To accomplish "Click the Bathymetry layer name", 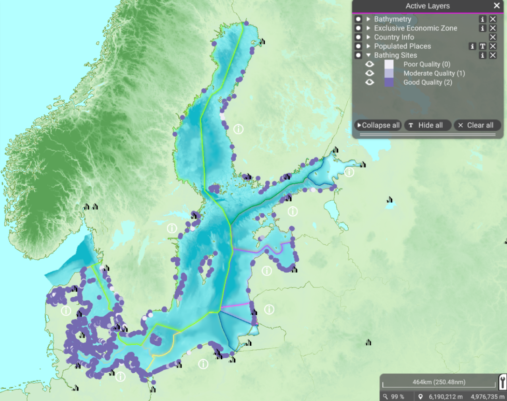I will (x=393, y=19).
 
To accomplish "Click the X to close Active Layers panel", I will (x=496, y=6).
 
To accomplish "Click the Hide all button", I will (x=428, y=125).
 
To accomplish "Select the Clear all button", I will (x=477, y=125).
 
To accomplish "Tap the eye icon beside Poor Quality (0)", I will (x=370, y=64).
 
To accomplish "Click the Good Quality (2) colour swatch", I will (x=389, y=82).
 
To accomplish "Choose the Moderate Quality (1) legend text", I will (x=434, y=73).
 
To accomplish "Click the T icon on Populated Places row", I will (x=482, y=46).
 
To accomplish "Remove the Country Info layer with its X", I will (x=493, y=37).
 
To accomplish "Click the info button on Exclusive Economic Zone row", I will (x=482, y=28).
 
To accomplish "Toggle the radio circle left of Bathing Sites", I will (x=358, y=55).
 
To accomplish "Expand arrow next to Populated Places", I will (x=368, y=46).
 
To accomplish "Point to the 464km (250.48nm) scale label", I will (x=439, y=382).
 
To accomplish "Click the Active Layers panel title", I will (x=428, y=6).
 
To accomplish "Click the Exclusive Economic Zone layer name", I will (x=415, y=28).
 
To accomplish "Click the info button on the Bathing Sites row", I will (x=482, y=55).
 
